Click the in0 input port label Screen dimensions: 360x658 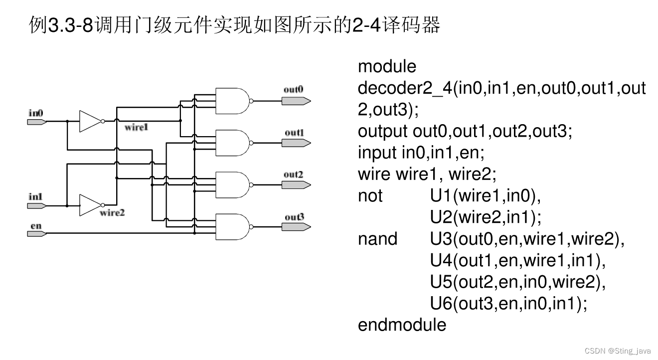coord(36,114)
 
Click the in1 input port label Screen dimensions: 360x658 coord(35,197)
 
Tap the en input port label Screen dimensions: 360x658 coord(36,226)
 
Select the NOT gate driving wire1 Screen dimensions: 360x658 coord(91,121)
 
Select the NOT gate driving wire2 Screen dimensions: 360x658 coord(91,205)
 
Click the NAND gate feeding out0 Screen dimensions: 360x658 coord(232,101)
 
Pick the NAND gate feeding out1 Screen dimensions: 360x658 coord(232,143)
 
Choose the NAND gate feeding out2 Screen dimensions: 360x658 coord(232,184)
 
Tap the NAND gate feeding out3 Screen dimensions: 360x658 coord(232,226)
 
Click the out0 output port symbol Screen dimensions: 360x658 coord(296,101)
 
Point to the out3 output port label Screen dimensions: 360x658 coord(294,217)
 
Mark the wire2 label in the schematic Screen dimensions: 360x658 coord(112,213)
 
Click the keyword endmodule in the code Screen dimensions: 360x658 coord(402,325)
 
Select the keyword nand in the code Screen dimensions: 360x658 coord(377,239)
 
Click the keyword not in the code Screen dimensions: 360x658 coord(370,196)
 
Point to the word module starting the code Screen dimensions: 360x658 coord(387,66)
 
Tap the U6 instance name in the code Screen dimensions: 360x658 coord(441,304)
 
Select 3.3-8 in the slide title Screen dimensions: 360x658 coord(69,25)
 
